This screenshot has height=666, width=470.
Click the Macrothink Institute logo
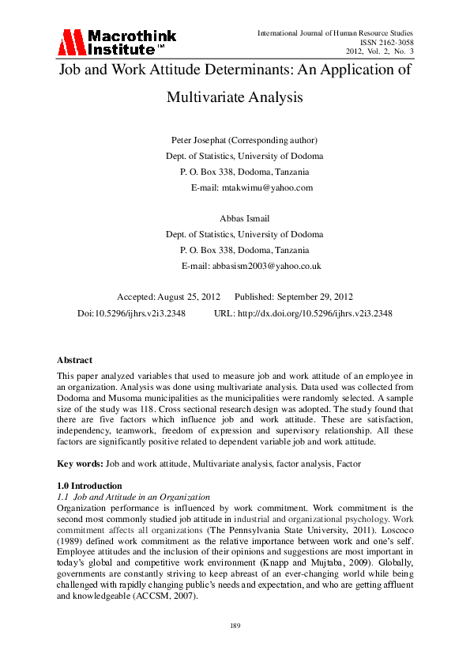click(118, 41)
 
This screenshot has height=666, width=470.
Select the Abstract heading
click(75, 360)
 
